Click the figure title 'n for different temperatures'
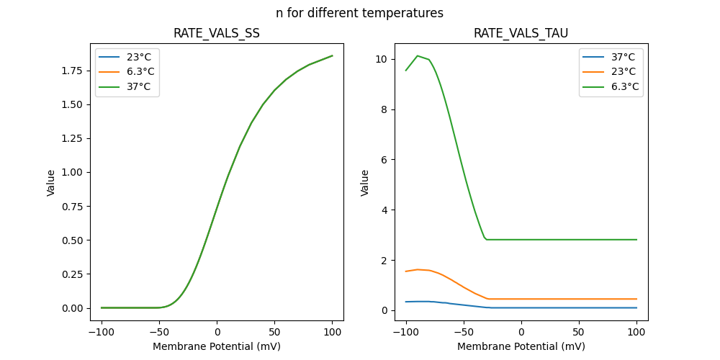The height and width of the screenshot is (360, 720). coord(359,13)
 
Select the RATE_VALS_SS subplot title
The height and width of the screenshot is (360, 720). coord(217,34)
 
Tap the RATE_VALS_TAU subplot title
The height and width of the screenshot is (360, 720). coord(521,34)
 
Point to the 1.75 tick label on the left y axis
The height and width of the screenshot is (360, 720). coord(73,71)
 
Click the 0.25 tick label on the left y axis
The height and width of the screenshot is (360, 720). coord(73,274)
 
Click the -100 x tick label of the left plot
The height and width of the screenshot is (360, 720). coord(102,332)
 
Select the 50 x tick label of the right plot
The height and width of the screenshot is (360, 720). coord(579,332)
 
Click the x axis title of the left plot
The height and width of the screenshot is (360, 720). coord(217,346)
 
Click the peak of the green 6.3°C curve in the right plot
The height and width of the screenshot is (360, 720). coord(418,55)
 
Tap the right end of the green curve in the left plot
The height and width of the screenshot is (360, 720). coord(332,55)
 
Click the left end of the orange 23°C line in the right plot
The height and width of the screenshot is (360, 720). coord(406,271)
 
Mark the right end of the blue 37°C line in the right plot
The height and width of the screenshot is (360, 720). coord(636,308)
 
